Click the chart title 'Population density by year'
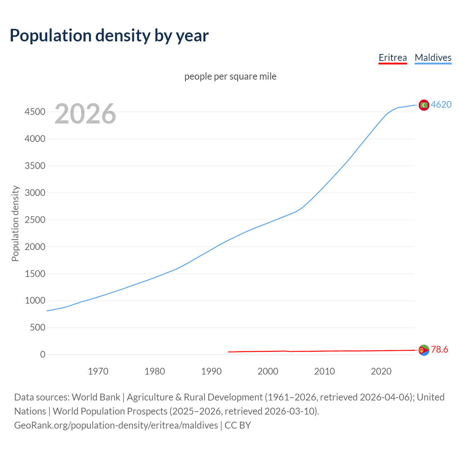tap(109, 36)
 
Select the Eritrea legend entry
tap(393, 58)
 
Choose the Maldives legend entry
tap(433, 58)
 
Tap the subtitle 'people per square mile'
tap(230, 76)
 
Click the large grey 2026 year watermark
tap(85, 114)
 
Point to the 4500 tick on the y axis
tap(35, 112)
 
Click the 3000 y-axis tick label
tap(35, 193)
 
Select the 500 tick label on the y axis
tap(37, 327)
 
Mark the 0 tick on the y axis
tap(43, 354)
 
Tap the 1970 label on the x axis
tap(98, 371)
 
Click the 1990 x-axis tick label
tap(211, 371)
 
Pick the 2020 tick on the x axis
tap(381, 371)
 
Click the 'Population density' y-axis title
tap(15, 223)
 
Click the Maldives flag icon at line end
tap(424, 105)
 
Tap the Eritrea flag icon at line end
tap(424, 350)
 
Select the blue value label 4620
tap(441, 104)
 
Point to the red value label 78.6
tap(439, 349)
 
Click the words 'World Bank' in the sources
tap(96, 397)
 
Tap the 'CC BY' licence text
tap(238, 425)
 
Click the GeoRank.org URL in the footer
tap(116, 425)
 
